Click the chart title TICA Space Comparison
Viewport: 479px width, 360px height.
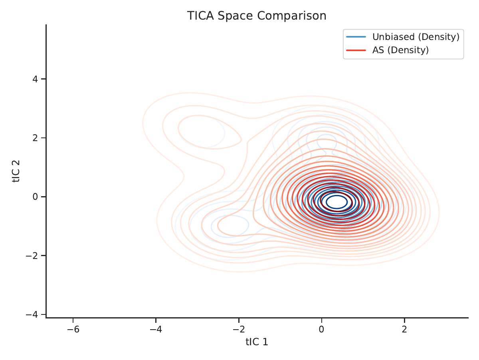tap(257, 16)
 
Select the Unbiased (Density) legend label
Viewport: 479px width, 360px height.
tap(416, 37)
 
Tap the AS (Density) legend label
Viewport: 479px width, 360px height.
tap(400, 50)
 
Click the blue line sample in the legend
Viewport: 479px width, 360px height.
tap(356, 37)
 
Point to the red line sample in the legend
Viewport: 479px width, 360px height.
tap(356, 50)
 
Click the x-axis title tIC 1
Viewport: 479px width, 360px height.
tap(257, 342)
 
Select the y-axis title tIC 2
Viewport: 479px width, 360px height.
tap(16, 171)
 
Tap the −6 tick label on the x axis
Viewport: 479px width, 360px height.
tap(73, 329)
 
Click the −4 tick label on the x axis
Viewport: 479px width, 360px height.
tap(156, 329)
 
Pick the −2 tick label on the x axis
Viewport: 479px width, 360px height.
tap(239, 329)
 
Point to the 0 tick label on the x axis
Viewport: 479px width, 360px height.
tap(321, 329)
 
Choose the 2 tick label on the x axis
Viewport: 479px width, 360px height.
tap(404, 329)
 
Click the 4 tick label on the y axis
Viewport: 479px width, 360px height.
tap(35, 79)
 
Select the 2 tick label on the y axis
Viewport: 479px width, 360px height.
tap(35, 138)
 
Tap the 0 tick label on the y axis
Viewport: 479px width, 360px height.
tap(35, 197)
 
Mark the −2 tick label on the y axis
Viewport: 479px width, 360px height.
tap(32, 255)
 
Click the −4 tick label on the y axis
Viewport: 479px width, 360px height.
tap(32, 314)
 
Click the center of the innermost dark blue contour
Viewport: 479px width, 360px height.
tap(337, 196)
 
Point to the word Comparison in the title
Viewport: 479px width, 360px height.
tap(292, 16)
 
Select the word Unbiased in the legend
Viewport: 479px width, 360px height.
tap(394, 36)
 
